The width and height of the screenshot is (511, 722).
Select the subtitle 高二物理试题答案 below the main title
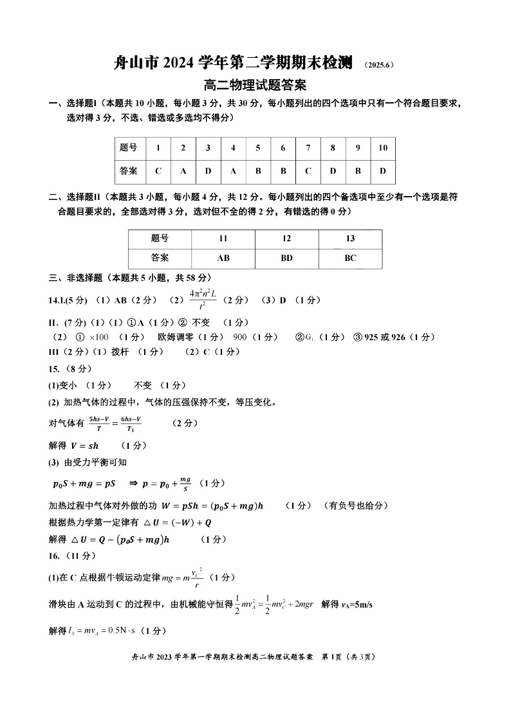[x=255, y=84]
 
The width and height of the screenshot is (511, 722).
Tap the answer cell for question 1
[x=158, y=171]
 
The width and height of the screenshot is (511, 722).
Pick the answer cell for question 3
[x=208, y=171]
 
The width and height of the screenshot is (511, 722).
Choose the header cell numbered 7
[x=308, y=148]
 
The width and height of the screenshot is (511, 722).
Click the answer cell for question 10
[x=383, y=171]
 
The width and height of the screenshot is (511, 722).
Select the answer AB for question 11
[x=223, y=258]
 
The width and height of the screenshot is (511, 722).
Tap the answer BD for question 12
[x=286, y=258]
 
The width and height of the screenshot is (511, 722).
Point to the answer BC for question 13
[x=350, y=258]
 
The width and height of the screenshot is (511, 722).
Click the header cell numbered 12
[x=286, y=239]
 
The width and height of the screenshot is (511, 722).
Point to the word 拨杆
[x=120, y=352]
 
